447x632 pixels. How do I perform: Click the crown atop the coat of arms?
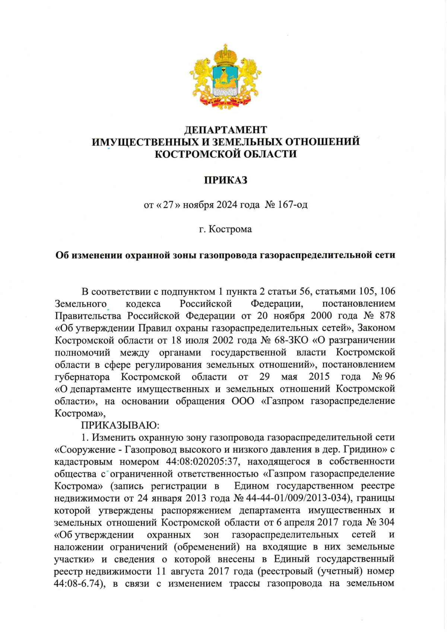[x=225, y=55]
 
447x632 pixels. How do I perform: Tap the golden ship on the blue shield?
[x=225, y=79]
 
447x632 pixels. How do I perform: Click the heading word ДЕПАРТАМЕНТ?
[x=226, y=130]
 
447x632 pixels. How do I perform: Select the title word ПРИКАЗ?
[x=226, y=180]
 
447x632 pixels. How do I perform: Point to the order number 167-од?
[x=293, y=205]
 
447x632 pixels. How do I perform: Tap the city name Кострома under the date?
[x=230, y=229]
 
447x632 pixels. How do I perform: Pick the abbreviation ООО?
[x=243, y=401]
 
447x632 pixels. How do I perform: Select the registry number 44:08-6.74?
[x=77, y=584]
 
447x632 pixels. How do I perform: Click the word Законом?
[x=377, y=328]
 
